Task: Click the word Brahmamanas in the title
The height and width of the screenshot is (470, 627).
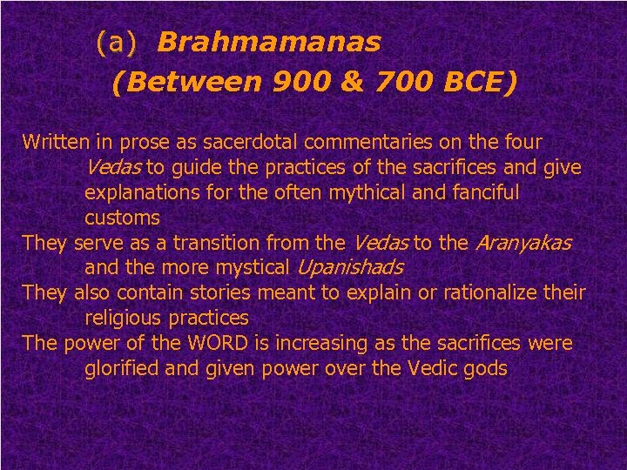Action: click(x=269, y=42)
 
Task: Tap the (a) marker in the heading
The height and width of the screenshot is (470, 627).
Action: click(x=117, y=42)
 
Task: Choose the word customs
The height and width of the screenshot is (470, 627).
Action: click(x=122, y=217)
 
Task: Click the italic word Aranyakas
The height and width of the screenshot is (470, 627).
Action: click(x=523, y=242)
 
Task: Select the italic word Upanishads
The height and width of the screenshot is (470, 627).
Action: click(x=351, y=267)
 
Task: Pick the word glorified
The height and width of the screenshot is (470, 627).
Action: click(x=123, y=368)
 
